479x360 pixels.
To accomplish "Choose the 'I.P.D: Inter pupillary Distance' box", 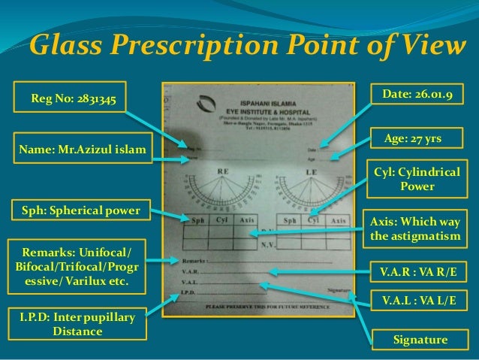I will tap(72, 326).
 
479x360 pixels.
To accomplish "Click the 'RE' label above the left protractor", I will tap(223, 171).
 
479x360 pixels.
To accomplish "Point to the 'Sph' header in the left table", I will tap(198, 221).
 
